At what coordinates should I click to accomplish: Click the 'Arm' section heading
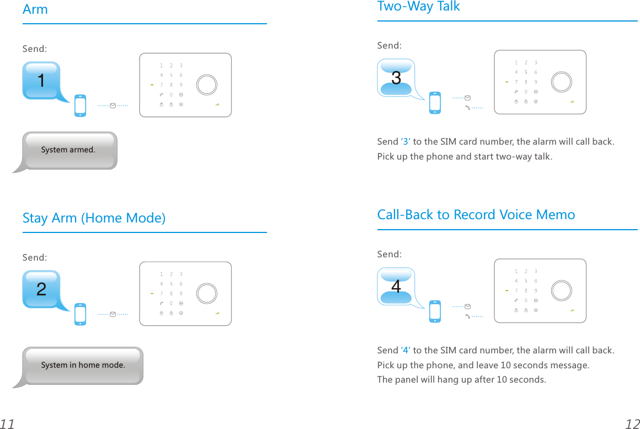(35, 9)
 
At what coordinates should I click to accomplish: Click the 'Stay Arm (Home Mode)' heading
(94, 218)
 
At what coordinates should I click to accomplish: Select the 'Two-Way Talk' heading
(418, 7)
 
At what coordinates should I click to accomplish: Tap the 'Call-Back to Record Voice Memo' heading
(476, 215)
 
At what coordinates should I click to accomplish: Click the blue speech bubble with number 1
(41, 81)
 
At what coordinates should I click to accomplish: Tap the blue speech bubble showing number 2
(41, 289)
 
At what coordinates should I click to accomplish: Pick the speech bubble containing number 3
(396, 78)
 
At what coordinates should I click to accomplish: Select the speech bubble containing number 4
(396, 287)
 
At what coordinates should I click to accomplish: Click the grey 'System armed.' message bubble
(68, 150)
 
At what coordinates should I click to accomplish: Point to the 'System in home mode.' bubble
(83, 366)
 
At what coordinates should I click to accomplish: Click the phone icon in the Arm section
(81, 106)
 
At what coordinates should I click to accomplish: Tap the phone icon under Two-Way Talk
(435, 103)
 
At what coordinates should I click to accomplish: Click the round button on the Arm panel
(207, 84)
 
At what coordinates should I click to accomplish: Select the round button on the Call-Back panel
(562, 290)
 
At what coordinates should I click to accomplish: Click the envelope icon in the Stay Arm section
(113, 314)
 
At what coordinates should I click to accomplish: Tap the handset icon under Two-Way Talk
(468, 108)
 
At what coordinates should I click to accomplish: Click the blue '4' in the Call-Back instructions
(406, 351)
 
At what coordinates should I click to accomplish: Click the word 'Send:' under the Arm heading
(35, 49)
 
